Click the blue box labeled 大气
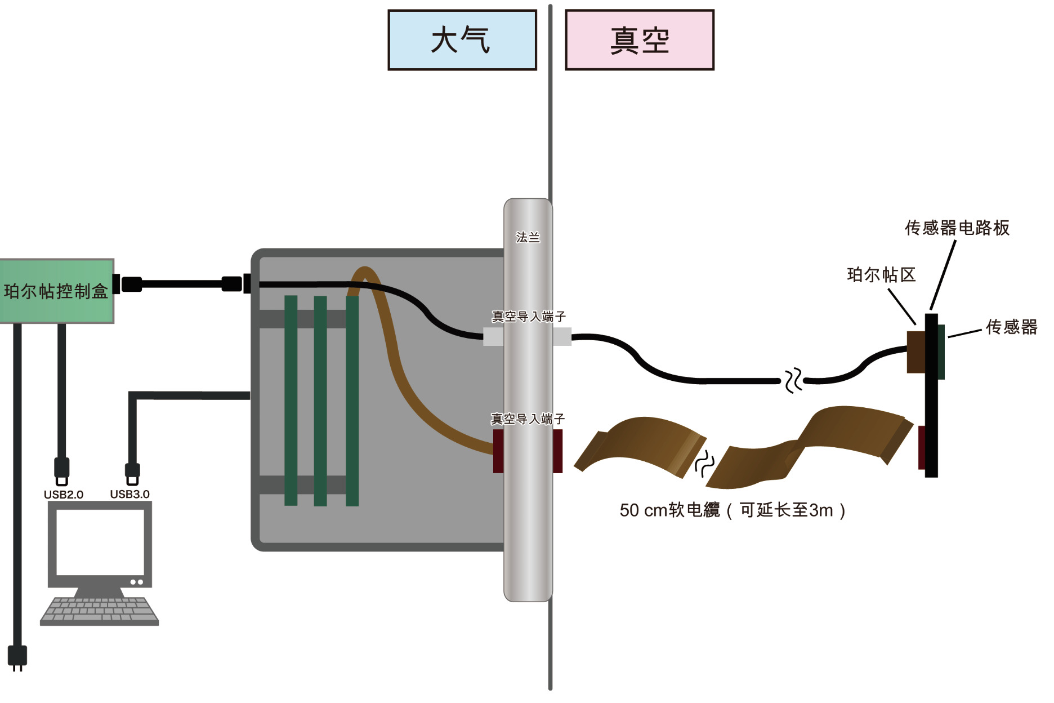point(462,40)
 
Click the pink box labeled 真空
point(640,40)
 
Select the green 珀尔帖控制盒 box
point(56,291)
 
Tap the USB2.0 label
point(63,495)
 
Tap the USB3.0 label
point(129,494)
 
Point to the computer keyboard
point(100,611)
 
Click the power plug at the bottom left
point(17,657)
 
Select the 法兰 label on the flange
point(528,237)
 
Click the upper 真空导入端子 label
point(528,317)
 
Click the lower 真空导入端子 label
point(528,419)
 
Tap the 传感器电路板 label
point(957,228)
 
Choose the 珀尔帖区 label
point(881,275)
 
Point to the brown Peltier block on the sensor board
point(916,352)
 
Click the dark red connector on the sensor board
point(922,448)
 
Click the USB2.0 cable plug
point(61,471)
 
